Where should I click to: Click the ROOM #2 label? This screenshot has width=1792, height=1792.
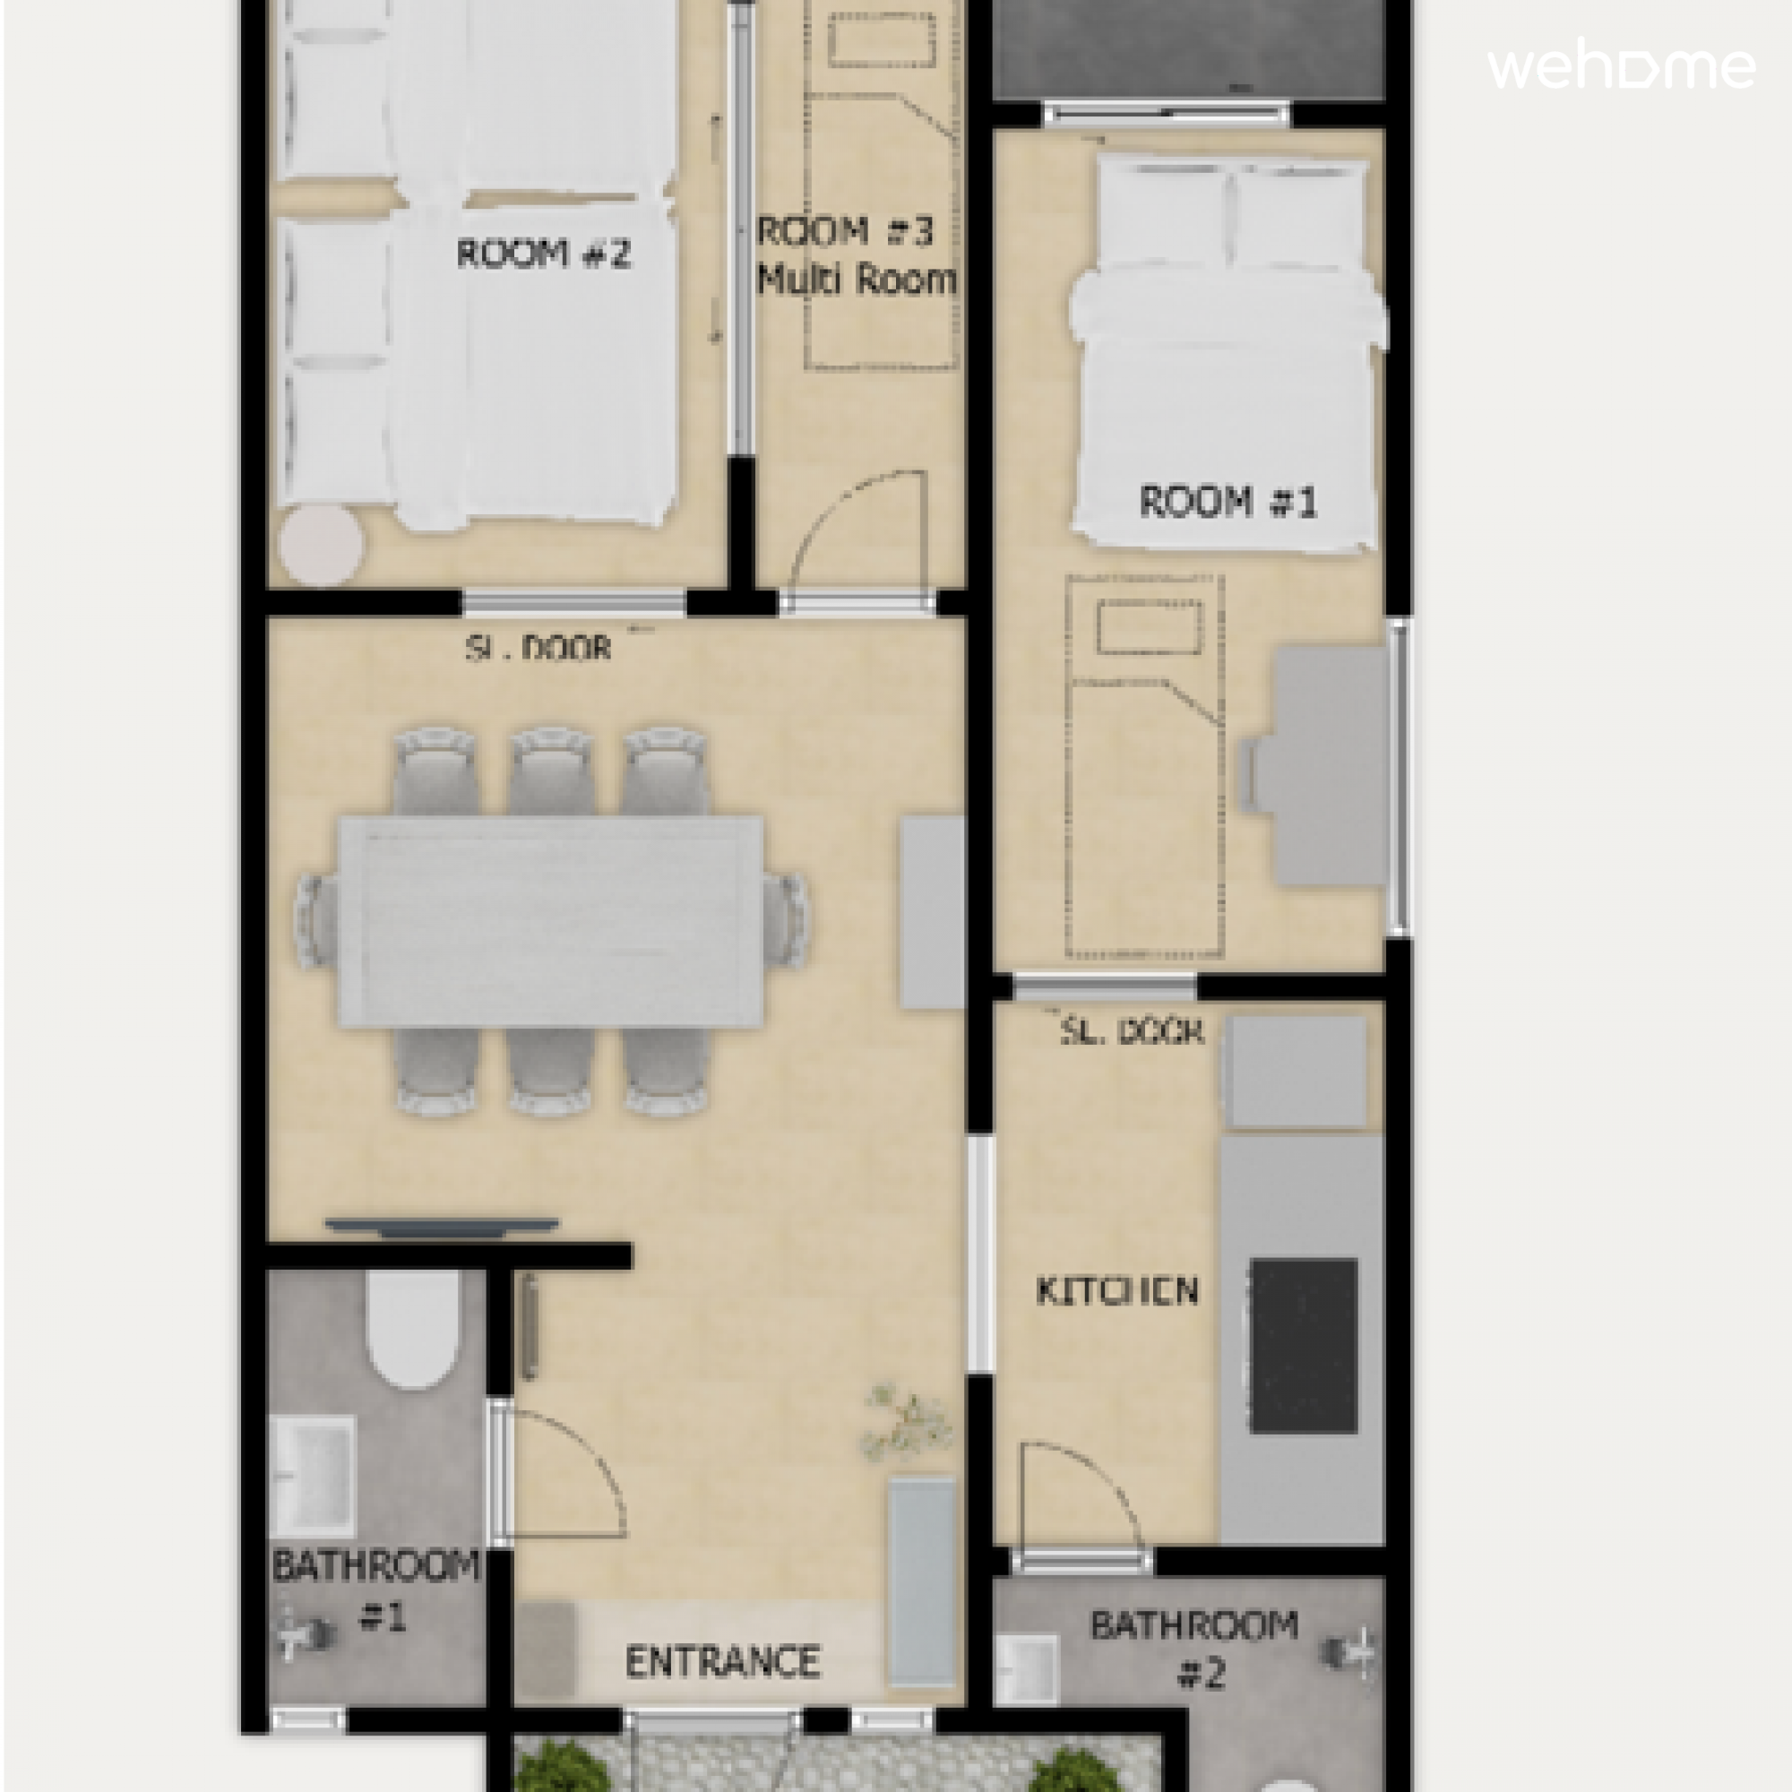(544, 254)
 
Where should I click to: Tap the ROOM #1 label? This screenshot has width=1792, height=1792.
(1228, 502)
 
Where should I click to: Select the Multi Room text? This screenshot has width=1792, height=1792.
(856, 279)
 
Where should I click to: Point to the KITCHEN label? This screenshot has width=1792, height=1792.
(1116, 1291)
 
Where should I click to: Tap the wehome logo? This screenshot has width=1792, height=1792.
(1622, 67)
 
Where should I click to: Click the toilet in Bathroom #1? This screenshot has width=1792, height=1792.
(413, 1328)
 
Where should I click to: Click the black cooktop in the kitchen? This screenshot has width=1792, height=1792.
(1303, 1346)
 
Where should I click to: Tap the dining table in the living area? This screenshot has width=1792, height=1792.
(551, 921)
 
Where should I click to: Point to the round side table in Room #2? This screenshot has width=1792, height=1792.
(321, 546)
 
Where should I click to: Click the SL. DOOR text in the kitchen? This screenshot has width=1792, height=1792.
(1132, 1030)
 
